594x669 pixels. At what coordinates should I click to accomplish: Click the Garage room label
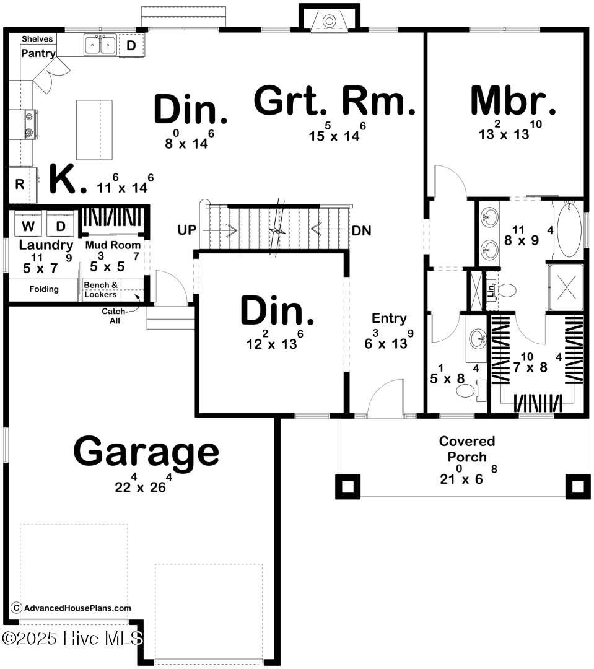coord(146,452)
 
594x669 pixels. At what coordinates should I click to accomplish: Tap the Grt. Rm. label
coord(334,102)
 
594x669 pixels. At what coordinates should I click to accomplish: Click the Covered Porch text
coord(467,449)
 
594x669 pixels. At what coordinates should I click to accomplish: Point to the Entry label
coord(389,318)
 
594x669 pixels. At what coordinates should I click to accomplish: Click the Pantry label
coord(38,53)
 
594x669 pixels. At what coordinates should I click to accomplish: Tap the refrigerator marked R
coord(19,184)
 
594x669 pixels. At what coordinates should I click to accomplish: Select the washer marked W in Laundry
coord(28,225)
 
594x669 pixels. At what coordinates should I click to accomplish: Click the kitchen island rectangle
coord(94,129)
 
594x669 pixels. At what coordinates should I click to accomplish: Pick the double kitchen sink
coord(100,45)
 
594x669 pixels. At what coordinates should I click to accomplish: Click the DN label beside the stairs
coord(361,230)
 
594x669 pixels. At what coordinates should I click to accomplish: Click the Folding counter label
coord(44,289)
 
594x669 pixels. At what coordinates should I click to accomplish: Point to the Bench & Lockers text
coord(101,290)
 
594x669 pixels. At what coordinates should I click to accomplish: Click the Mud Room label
coord(113,245)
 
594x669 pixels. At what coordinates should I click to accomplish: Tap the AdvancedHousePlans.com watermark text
coord(77,608)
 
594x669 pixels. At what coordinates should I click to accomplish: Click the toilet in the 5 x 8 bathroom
coord(465,390)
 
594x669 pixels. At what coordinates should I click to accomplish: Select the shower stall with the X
coord(566,287)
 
